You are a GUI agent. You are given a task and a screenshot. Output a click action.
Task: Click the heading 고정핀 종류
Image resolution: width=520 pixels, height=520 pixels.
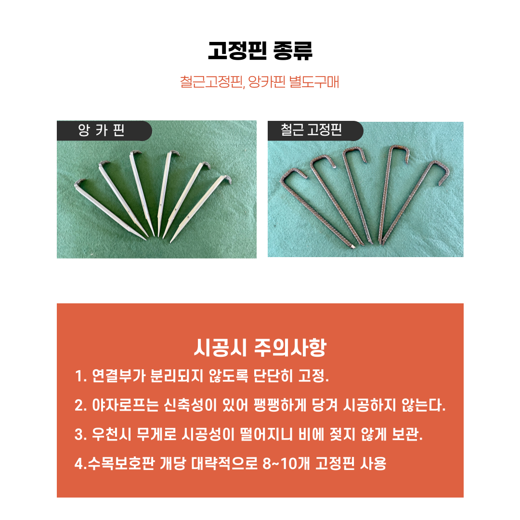coord(260,51)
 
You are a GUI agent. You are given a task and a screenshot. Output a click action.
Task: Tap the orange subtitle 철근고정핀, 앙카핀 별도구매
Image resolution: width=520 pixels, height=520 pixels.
coord(260,82)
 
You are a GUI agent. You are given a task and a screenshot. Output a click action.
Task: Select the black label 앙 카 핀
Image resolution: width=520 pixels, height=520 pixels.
coord(101,130)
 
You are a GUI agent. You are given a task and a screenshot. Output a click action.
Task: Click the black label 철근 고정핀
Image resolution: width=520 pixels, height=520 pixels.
coord(311,130)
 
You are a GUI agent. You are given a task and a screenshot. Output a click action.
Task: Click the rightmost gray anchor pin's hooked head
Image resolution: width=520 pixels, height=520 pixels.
coord(226,179)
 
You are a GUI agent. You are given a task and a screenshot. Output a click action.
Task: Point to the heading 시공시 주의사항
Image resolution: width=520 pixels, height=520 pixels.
coord(260,348)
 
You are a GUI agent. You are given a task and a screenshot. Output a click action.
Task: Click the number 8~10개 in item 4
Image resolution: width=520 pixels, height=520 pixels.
coord(286,463)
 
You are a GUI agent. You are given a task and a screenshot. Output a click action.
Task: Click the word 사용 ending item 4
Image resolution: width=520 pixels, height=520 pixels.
coord(373,463)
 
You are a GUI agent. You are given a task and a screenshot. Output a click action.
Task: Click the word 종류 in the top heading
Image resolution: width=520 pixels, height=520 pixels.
coord(293,51)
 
